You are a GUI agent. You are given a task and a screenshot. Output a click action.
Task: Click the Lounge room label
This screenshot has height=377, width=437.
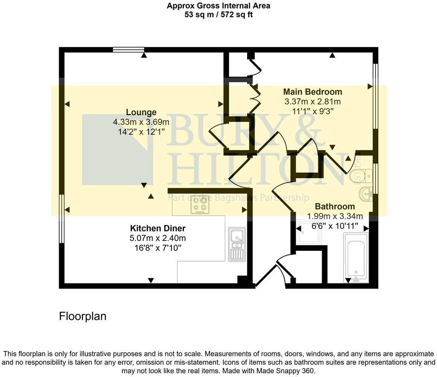click(x=141, y=112)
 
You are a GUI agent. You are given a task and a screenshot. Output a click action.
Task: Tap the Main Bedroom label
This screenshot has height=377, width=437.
click(x=312, y=92)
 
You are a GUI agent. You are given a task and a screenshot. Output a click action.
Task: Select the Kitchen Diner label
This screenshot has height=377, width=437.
click(x=157, y=228)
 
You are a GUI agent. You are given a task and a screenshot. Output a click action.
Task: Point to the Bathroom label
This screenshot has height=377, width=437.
click(x=335, y=207)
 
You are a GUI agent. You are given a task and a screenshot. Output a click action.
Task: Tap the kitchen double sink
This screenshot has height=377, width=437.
click(x=237, y=244)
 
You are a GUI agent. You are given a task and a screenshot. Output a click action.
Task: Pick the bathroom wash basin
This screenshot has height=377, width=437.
click(x=365, y=194)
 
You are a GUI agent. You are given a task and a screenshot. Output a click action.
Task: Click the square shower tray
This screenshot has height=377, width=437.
click(x=309, y=232)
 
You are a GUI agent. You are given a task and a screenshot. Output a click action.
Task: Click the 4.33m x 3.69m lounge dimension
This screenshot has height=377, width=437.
click(x=141, y=122)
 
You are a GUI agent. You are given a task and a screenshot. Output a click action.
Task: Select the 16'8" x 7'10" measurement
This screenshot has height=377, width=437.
click(x=157, y=248)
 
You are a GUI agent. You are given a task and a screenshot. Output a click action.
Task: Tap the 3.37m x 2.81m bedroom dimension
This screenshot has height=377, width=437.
click(x=312, y=101)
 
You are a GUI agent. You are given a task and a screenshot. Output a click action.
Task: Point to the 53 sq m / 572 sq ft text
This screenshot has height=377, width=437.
click(x=218, y=15)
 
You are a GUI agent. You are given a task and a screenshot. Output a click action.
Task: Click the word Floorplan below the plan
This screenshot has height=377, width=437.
click(x=83, y=316)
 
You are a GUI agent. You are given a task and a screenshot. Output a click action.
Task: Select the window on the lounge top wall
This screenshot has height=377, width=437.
click(x=128, y=50)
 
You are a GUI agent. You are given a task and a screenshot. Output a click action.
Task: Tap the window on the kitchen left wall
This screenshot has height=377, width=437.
click(x=62, y=219)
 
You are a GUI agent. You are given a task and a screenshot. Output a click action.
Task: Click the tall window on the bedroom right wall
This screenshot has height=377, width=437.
click(x=375, y=96)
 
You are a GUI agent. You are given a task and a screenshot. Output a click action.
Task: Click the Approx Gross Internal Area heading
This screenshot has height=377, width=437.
click(x=218, y=6)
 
